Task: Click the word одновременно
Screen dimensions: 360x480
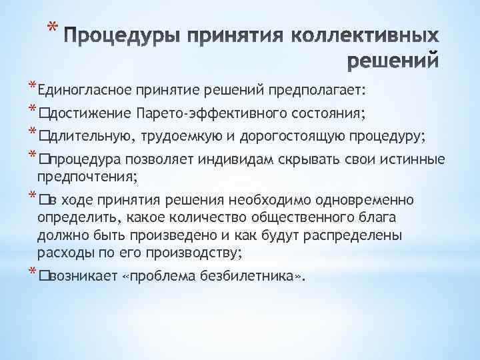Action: (x=364, y=200)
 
